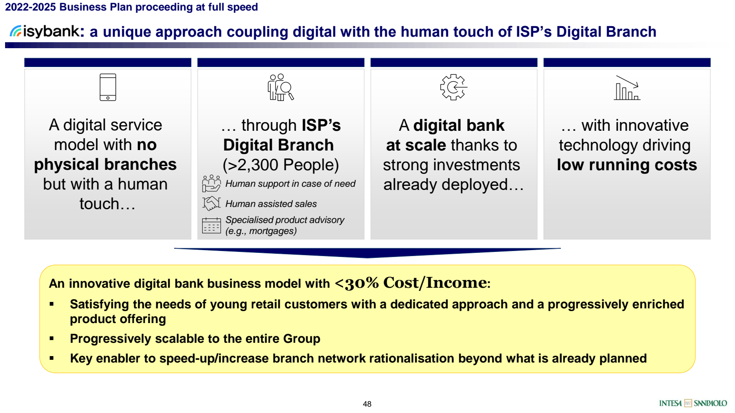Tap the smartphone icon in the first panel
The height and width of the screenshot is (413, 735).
108,87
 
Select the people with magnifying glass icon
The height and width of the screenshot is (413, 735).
281,87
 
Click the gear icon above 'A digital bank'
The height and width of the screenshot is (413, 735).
453,87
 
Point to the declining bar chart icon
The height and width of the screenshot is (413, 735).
627,88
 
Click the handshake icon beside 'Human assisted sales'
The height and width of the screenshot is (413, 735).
212,203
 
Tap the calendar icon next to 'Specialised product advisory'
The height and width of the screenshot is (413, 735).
212,225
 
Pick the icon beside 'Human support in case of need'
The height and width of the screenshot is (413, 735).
212,183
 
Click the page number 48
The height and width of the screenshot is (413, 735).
367,404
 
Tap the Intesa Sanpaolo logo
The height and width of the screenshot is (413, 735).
693,403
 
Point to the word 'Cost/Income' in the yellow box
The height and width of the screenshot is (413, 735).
435,283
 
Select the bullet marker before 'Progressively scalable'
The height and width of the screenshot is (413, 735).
51,339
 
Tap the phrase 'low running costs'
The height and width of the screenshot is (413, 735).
627,165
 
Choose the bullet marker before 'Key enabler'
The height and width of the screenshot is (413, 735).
51,358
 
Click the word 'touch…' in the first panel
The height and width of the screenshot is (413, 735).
107,204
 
